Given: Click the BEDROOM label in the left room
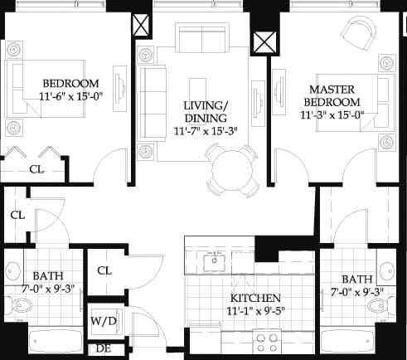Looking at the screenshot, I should (x=70, y=84).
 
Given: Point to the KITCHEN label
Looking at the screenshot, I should (x=256, y=298).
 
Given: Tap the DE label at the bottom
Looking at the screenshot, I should (x=104, y=348).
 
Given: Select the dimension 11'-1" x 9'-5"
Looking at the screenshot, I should (x=256, y=312).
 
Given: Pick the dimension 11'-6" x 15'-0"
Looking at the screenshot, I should (x=70, y=97).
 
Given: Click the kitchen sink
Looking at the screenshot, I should (x=215, y=261).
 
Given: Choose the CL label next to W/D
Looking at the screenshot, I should (x=104, y=270).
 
